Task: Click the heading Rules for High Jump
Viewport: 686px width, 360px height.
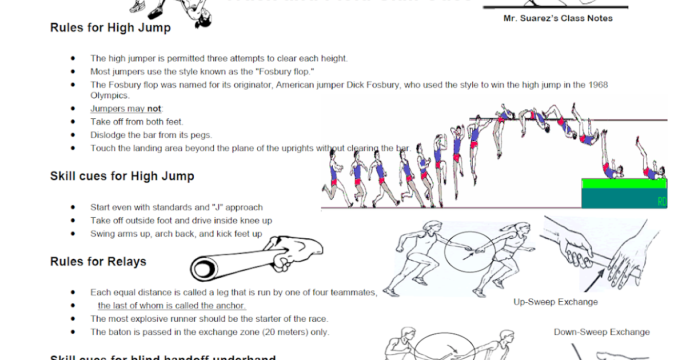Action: click(110, 27)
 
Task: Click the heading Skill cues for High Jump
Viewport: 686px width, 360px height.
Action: click(122, 176)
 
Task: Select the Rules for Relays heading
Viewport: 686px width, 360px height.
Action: click(98, 262)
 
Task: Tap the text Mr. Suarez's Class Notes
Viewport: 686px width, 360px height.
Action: click(557, 18)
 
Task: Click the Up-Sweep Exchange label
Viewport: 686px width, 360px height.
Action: click(555, 302)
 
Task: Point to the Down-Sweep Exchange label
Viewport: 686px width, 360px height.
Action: click(601, 332)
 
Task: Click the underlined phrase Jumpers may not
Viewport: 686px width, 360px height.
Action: click(126, 109)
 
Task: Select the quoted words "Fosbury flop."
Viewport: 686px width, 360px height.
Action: click(284, 71)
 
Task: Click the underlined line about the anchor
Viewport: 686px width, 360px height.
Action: click(171, 306)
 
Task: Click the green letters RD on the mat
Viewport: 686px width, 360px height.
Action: click(662, 202)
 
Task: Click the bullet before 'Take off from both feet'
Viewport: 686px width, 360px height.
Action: click(73, 122)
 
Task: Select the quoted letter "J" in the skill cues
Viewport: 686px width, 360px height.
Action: click(217, 207)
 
